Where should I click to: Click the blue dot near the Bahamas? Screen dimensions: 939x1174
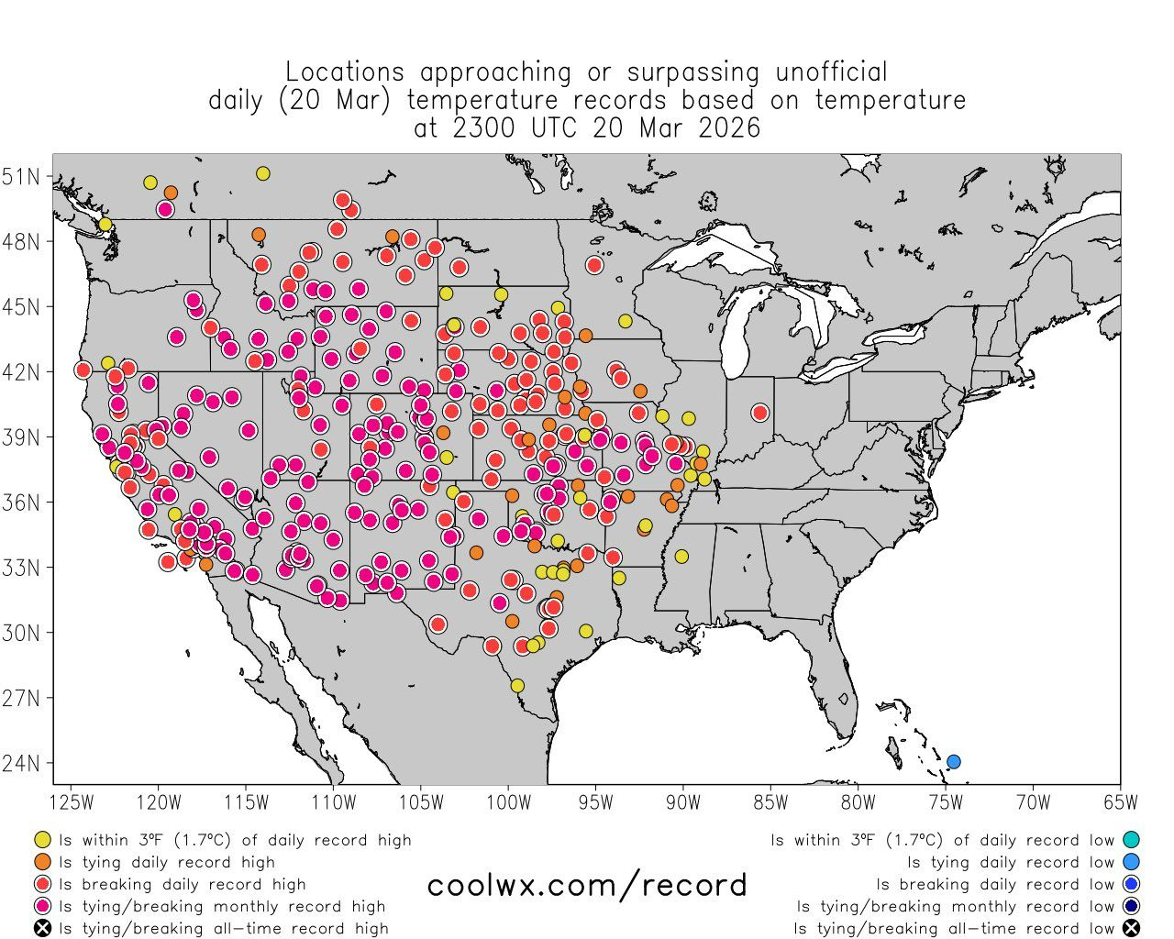953,761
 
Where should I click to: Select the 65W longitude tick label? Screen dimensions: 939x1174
1120,802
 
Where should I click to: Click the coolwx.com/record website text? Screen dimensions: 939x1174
587,885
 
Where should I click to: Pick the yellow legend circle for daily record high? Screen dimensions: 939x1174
42,840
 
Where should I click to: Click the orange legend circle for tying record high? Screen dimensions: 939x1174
42,862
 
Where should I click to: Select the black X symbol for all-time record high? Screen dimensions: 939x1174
42,928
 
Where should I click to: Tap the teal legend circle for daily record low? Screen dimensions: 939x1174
1131,840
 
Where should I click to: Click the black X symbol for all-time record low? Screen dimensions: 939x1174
1131,928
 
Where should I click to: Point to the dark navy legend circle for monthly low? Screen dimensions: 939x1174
1131,906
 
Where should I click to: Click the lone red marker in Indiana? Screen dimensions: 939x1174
759,413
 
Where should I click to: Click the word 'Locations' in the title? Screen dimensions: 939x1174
344,72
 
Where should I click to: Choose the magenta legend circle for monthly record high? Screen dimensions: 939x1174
42,906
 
